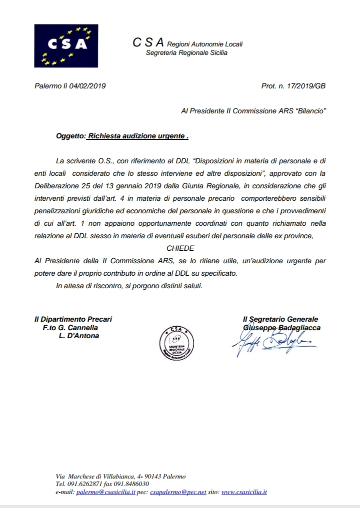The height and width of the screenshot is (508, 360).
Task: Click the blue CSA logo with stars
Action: click(x=66, y=46)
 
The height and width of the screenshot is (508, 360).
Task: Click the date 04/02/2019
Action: click(x=88, y=86)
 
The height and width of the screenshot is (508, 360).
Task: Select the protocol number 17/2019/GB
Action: click(x=307, y=86)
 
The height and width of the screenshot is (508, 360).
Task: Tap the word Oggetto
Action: click(x=70, y=135)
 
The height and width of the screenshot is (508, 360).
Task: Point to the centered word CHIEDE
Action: click(x=180, y=248)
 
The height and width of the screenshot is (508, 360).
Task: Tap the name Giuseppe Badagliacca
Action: click(x=281, y=328)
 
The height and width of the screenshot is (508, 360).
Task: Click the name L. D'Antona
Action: click(x=79, y=336)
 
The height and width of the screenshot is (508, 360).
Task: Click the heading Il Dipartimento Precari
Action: click(x=73, y=319)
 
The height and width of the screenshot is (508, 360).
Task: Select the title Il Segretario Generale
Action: click(x=280, y=319)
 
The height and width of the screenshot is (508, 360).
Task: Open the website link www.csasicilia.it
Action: click(x=244, y=492)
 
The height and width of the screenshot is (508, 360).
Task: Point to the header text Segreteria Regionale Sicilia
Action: click(x=186, y=52)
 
